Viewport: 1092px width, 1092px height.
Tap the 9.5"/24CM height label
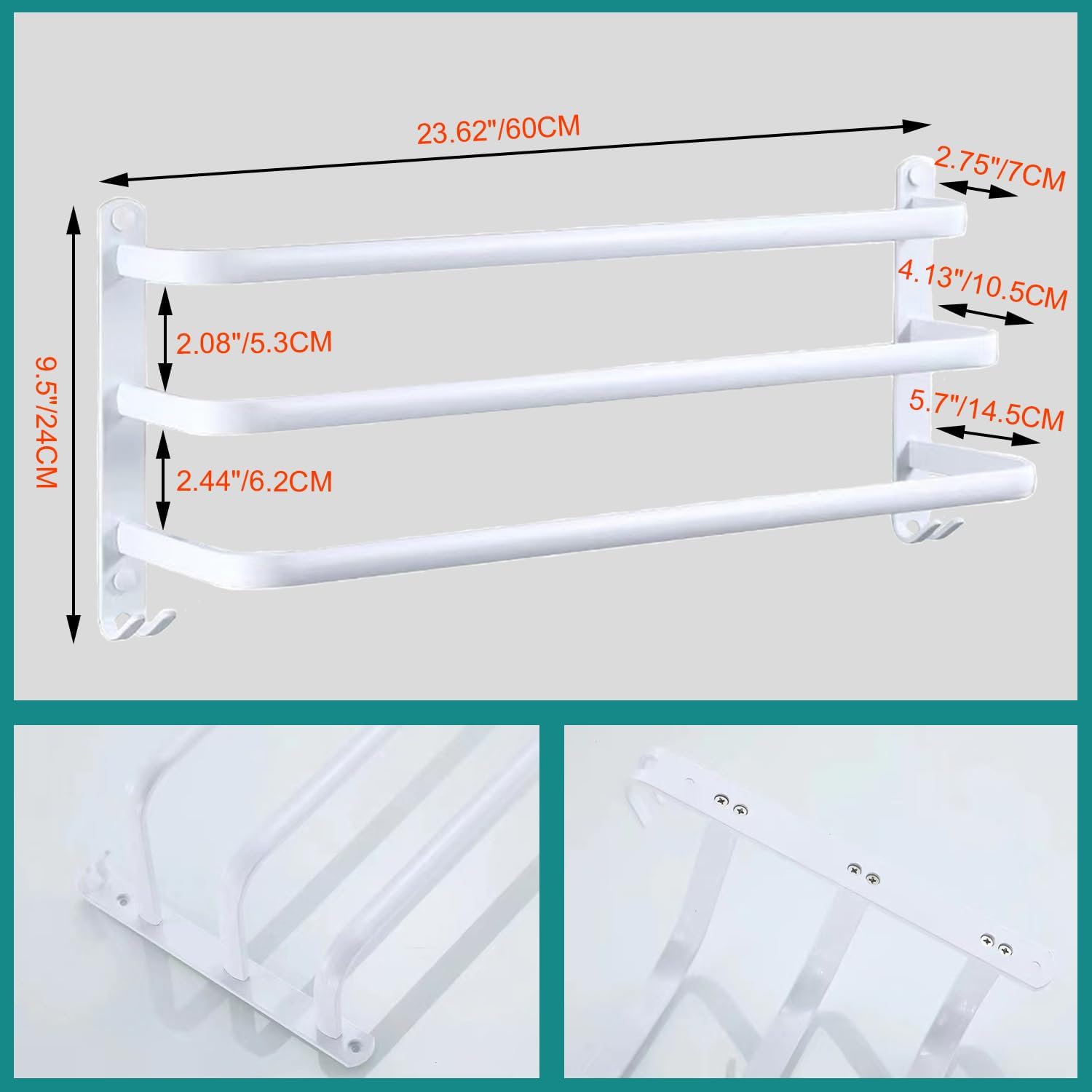46,422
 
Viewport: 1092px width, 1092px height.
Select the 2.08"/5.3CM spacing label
254,342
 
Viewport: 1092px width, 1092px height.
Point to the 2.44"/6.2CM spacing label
254,481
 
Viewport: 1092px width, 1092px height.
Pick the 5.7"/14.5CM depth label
987,411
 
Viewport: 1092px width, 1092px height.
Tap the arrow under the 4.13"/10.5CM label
986,314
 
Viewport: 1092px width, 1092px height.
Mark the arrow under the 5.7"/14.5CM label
987,435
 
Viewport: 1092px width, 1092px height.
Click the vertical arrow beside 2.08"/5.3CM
166,339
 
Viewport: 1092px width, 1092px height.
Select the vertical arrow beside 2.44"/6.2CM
165,479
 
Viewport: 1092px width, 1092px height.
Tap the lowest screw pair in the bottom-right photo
996,944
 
